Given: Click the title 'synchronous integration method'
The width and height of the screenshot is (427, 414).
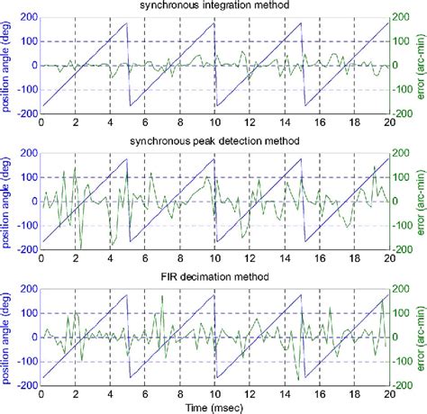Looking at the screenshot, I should click(x=214, y=7).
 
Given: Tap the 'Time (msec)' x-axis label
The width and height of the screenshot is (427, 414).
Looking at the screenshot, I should click(x=214, y=407).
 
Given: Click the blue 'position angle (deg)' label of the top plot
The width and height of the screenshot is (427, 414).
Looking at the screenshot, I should click(x=6, y=65).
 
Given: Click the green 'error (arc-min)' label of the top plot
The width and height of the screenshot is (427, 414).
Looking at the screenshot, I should click(x=421, y=65).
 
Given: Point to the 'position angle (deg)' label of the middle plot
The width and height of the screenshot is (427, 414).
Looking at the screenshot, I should click(x=6, y=199).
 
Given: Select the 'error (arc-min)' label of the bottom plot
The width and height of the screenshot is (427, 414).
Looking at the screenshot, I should click(x=421, y=337).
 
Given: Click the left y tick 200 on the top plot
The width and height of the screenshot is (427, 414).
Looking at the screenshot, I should click(x=27, y=17).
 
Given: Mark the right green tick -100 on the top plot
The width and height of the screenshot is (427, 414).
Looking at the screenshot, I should click(x=404, y=90).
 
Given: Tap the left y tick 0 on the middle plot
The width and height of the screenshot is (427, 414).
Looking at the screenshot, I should click(x=32, y=200).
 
